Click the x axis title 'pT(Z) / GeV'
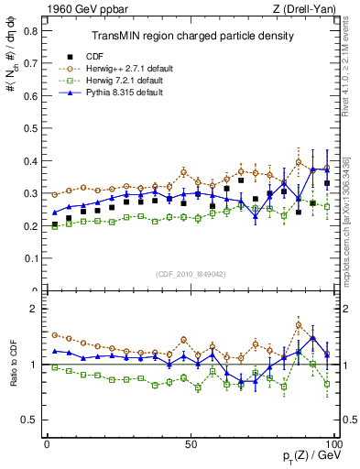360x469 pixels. click(309, 456)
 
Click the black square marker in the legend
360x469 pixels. click(63, 56)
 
